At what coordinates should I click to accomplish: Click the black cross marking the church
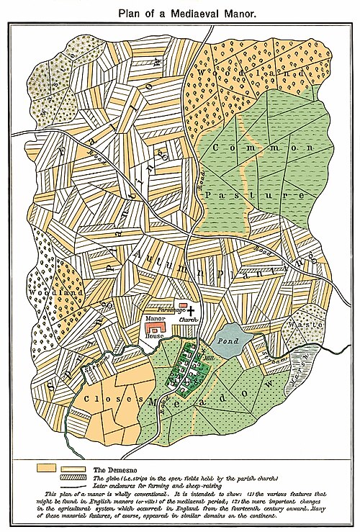coord(191,308)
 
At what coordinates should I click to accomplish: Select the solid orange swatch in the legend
coord(48,467)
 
